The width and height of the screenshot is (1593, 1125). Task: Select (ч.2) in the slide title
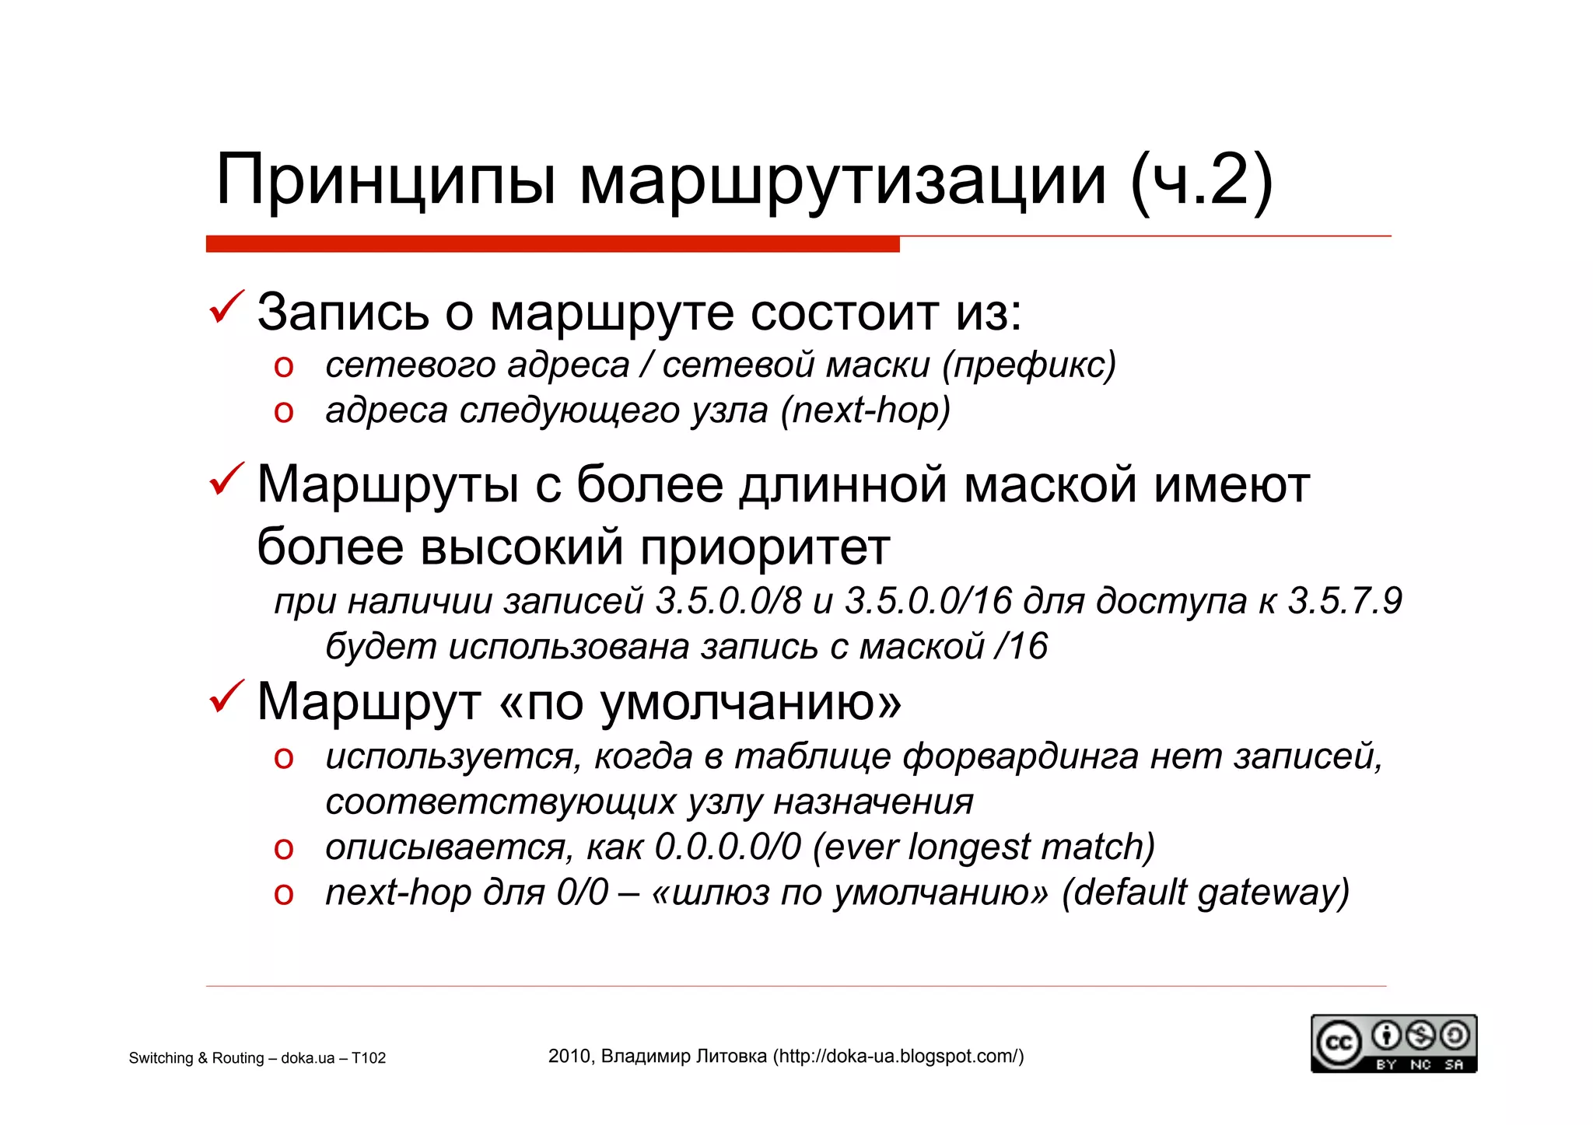pyautogui.click(x=1201, y=181)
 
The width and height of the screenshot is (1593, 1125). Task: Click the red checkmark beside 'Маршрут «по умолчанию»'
pyautogui.click(x=226, y=697)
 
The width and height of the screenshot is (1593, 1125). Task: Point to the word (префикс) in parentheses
pyautogui.click(x=1029, y=365)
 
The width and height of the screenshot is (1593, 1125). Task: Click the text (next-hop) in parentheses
pyautogui.click(x=866, y=411)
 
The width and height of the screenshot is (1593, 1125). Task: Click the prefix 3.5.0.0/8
pyautogui.click(x=728, y=601)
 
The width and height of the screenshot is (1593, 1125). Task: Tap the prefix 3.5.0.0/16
pyautogui.click(x=929, y=601)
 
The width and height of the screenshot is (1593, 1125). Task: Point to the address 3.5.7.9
pyautogui.click(x=1345, y=601)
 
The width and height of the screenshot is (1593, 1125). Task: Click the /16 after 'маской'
pyautogui.click(x=1021, y=647)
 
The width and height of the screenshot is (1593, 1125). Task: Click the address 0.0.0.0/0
pyautogui.click(x=728, y=847)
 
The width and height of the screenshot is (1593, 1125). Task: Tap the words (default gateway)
pyautogui.click(x=1206, y=893)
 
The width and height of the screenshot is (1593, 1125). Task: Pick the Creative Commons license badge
pyautogui.click(x=1393, y=1043)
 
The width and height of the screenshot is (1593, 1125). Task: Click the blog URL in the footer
pyautogui.click(x=898, y=1056)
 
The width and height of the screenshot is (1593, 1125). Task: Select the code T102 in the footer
pyautogui.click(x=368, y=1058)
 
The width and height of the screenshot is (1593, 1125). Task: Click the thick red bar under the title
pyautogui.click(x=552, y=244)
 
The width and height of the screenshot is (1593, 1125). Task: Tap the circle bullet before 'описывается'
pyautogui.click(x=284, y=849)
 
